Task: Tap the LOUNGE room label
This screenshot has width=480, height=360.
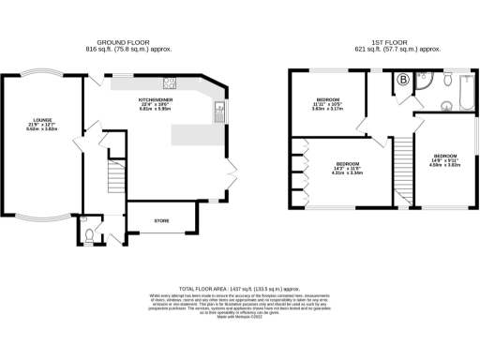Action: pyautogui.click(x=41, y=120)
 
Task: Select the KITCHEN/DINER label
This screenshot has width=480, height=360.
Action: pyautogui.click(x=153, y=98)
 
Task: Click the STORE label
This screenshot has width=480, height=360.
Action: pyautogui.click(x=159, y=220)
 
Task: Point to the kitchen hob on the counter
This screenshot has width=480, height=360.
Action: pyautogui.click(x=171, y=82)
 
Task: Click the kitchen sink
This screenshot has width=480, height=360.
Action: pyautogui.click(x=217, y=115)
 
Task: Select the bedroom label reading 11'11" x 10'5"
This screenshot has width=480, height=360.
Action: pyautogui.click(x=327, y=102)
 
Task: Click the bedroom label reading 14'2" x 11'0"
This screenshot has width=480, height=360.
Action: pyautogui.click(x=349, y=169)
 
